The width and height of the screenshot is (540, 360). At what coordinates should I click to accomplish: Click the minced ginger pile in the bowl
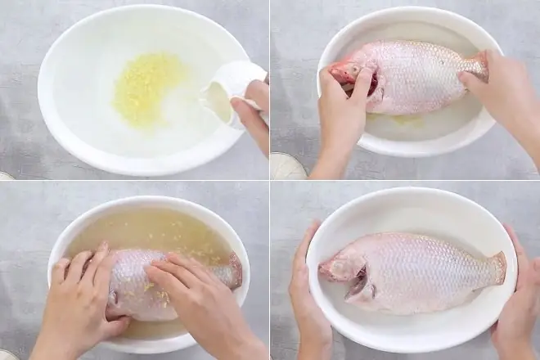click(148, 88)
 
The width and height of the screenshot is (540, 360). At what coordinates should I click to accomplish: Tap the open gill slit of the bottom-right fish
click(361, 283)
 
